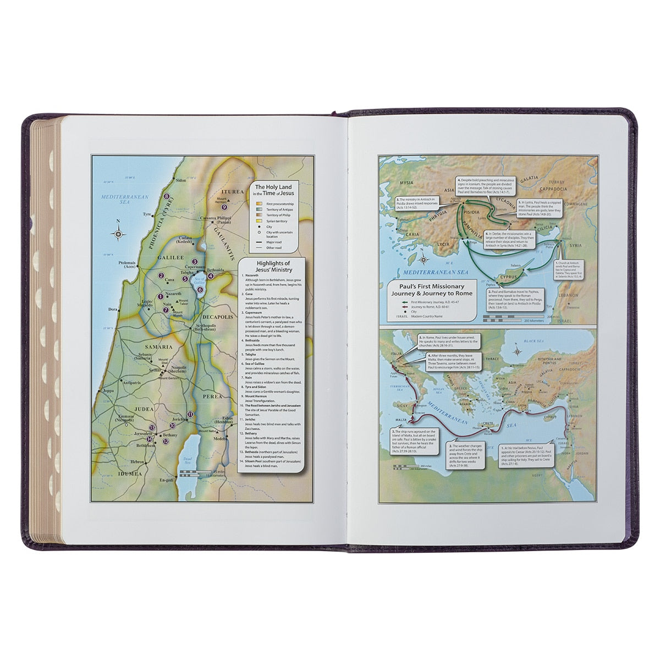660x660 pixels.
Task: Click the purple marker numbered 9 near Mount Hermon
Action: click(224, 207)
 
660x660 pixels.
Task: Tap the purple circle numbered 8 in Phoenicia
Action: click(167, 196)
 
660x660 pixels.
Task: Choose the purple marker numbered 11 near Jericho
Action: click(190, 414)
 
